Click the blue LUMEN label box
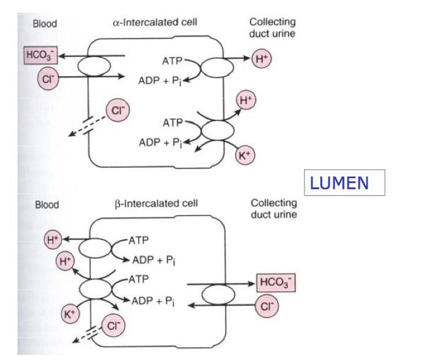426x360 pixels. [x=344, y=182]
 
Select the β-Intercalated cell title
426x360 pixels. [x=156, y=203]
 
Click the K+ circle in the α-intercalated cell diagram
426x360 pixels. [x=245, y=156]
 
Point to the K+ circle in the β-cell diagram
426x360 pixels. [x=70, y=314]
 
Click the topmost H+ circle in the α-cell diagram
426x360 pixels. [x=261, y=59]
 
